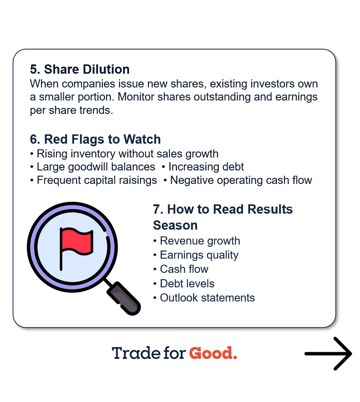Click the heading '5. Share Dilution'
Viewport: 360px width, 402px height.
tap(80, 70)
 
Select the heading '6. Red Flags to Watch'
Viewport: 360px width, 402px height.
tap(95, 140)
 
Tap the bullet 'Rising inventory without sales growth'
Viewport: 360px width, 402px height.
tap(127, 154)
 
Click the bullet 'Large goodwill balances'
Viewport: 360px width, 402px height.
tap(96, 167)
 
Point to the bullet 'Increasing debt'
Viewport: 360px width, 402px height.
tap(206, 167)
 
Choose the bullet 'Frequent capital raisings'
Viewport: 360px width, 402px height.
tap(97, 180)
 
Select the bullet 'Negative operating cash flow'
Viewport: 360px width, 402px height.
tap(241, 180)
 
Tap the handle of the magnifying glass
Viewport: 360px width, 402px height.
tap(124, 297)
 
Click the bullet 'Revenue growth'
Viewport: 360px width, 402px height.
tap(200, 241)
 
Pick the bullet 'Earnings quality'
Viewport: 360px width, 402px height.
tap(199, 255)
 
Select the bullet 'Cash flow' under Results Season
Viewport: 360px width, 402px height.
tap(184, 269)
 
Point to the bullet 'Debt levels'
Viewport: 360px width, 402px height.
tap(187, 284)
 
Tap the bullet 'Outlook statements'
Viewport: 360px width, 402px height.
tap(207, 298)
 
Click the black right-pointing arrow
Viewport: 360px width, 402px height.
tap(328, 354)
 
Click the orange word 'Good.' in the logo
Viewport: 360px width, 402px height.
tap(213, 353)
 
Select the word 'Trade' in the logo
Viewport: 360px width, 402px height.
tap(136, 353)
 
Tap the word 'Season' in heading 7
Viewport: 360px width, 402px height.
tap(175, 225)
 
